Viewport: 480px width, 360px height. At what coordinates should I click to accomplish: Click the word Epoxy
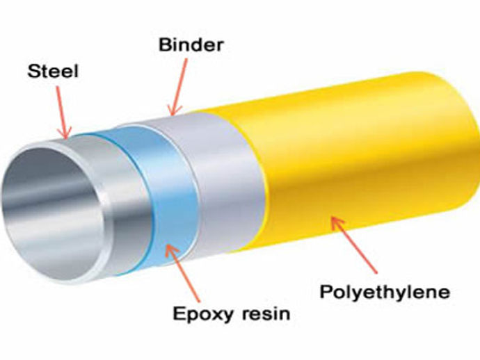pos(202,313)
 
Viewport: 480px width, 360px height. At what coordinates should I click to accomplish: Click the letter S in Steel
pos(32,72)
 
